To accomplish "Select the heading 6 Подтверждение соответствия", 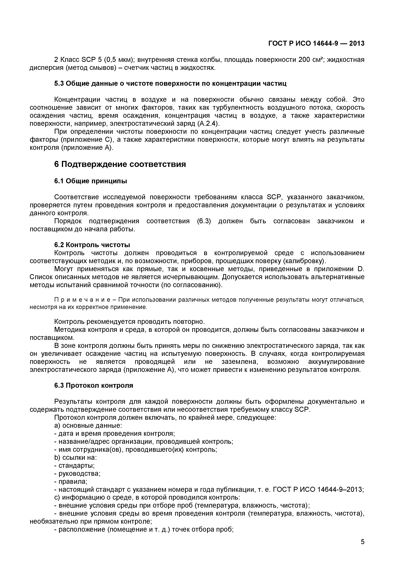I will coord(120,164).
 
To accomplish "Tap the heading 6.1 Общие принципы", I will coord(90,181).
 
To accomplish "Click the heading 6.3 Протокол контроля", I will coord(94,386).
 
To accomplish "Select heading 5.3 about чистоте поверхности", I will coord(170,84).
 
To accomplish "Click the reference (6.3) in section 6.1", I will coord(204,221).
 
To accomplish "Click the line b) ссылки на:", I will coord(75,458).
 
